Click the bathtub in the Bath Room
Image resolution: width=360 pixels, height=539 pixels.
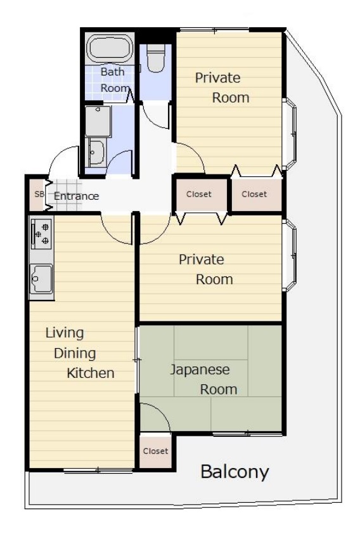click(x=110, y=48)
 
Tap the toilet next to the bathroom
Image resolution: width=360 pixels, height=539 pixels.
click(x=156, y=58)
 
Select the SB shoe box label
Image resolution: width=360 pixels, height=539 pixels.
click(x=39, y=194)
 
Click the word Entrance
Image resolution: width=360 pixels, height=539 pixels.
click(x=76, y=196)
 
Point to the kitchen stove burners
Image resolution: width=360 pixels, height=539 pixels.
click(x=41, y=233)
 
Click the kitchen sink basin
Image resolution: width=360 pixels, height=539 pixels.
click(x=41, y=279)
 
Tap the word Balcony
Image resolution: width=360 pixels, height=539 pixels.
click(x=235, y=472)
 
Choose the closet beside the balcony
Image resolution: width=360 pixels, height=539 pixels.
click(x=156, y=451)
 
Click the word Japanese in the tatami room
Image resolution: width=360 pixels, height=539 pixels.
click(x=200, y=370)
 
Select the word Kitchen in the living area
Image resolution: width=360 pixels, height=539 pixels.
click(x=91, y=373)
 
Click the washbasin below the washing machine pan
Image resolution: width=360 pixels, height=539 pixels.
click(x=96, y=153)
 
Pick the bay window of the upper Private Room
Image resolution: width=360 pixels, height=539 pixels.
click(x=290, y=134)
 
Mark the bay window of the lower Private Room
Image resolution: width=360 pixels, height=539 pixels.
click(x=290, y=256)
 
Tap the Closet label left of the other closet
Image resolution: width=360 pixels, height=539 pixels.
click(x=199, y=194)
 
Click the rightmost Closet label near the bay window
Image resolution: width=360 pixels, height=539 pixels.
click(x=254, y=194)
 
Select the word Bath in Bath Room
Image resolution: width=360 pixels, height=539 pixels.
click(x=112, y=72)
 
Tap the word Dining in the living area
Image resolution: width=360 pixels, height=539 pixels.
click(x=75, y=353)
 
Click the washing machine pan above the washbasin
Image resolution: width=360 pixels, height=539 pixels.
click(x=98, y=121)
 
